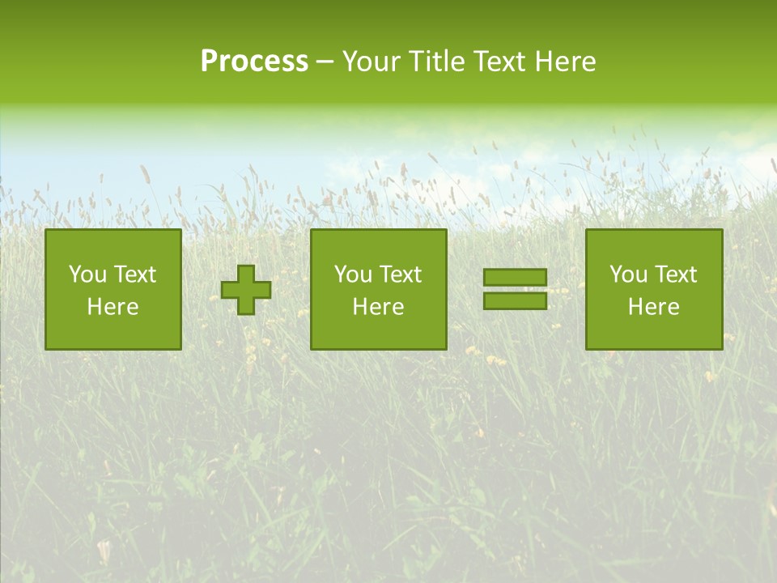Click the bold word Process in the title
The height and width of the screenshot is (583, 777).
point(254,62)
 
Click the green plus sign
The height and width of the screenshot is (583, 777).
point(246,290)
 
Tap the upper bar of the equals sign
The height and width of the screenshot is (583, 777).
point(515,277)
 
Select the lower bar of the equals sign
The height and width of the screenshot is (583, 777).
point(515,300)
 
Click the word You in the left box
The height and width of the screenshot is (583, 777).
point(87,274)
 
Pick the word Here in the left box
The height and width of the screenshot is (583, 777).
point(113,307)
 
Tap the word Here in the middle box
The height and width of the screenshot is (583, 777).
point(378,307)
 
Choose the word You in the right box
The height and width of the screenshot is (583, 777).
point(628,274)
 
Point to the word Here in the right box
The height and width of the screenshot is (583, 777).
point(653,307)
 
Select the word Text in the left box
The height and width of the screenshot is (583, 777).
point(134,274)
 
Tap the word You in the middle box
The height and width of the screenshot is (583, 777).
point(353,274)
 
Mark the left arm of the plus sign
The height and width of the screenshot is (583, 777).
point(230,290)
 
